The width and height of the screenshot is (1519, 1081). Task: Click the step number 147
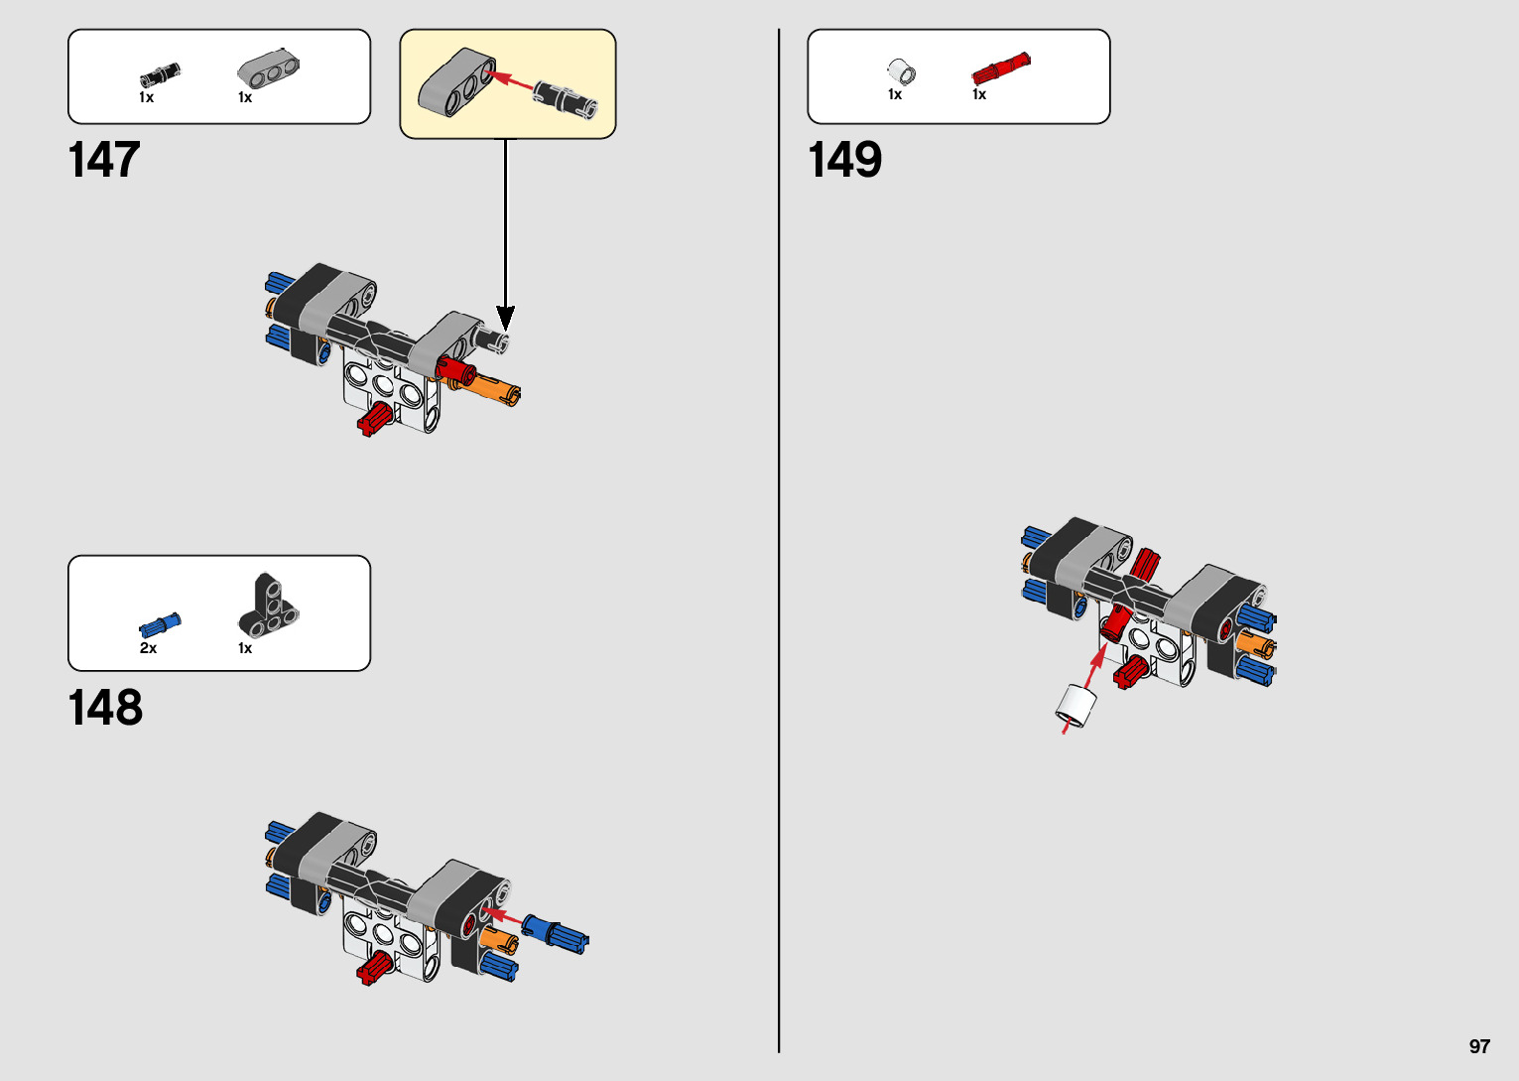(104, 160)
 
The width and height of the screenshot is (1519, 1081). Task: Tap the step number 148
(105, 708)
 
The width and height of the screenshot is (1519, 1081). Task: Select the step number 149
(844, 160)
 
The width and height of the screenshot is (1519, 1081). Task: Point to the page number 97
(1479, 1046)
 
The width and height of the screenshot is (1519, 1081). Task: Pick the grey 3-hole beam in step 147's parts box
(268, 68)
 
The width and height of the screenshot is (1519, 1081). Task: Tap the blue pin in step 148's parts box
(159, 625)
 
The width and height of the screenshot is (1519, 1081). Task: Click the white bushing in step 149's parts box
(901, 71)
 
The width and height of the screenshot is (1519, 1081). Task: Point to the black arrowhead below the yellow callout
(506, 318)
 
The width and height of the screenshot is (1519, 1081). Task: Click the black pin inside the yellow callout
(566, 97)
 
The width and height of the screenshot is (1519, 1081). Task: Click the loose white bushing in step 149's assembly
(1075, 705)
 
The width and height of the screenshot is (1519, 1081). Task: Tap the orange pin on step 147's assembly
(493, 388)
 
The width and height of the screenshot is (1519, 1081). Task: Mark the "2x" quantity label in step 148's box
(148, 648)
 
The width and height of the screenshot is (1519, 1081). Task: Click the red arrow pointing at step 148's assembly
(504, 915)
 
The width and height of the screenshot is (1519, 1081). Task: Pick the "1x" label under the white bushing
(894, 94)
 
